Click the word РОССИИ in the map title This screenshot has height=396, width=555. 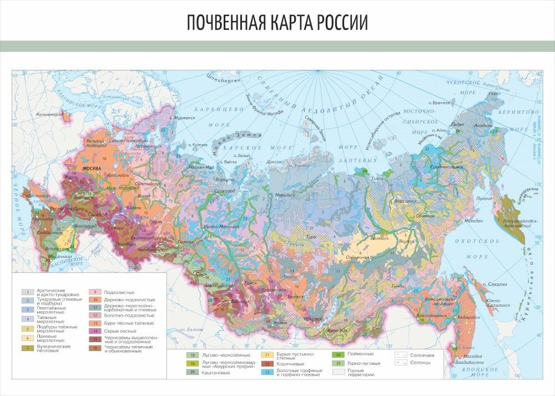(342, 22)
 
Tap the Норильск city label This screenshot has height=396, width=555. (282, 195)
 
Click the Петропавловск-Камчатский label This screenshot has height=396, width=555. (522, 222)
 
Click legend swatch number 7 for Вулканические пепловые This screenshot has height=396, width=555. (27, 348)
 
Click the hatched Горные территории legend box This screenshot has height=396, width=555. (336, 373)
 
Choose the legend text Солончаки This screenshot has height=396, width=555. (422, 354)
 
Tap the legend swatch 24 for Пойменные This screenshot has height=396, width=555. (336, 354)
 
